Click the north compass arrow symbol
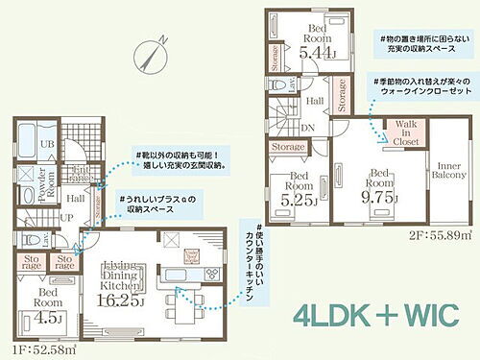tap(154, 45)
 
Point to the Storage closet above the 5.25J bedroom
tap(287, 146)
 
